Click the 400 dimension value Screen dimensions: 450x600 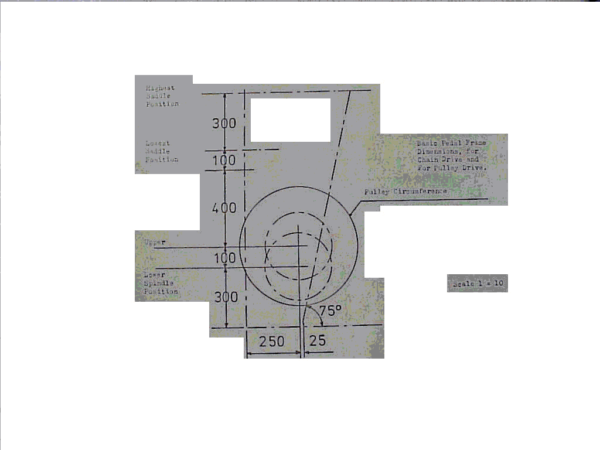point(224,208)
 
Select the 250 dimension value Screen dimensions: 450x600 point(272,342)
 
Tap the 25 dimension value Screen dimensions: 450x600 point(317,342)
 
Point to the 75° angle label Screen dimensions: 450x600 point(330,311)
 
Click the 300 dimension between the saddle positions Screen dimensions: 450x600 point(224,124)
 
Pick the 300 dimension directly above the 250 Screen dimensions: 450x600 point(226,297)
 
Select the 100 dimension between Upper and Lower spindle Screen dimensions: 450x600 point(224,258)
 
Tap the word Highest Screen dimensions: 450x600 point(160,88)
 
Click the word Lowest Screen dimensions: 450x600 point(158,143)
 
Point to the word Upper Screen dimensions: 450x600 point(155,241)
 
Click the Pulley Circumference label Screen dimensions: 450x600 point(405,192)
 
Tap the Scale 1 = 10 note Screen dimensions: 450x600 point(478,284)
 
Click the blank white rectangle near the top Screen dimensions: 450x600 point(291,120)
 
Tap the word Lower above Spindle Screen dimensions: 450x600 point(155,275)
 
